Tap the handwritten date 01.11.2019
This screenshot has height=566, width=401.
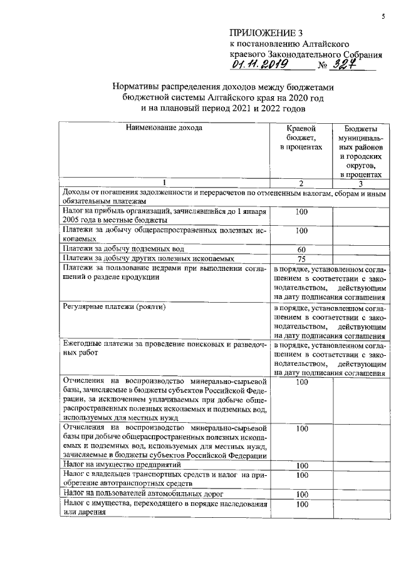tap(259, 64)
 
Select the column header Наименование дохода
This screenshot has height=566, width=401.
tap(165, 128)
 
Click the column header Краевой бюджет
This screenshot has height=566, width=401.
tap(301, 137)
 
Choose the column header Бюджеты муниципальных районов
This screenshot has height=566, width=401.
tap(360, 151)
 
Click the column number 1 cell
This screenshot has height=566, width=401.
tap(165, 183)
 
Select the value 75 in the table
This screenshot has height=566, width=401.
tap(301, 260)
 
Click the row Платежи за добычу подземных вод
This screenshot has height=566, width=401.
tap(113, 250)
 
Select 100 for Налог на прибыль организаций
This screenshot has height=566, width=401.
tap(301, 211)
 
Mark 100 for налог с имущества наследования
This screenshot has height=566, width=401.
tap(301, 503)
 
